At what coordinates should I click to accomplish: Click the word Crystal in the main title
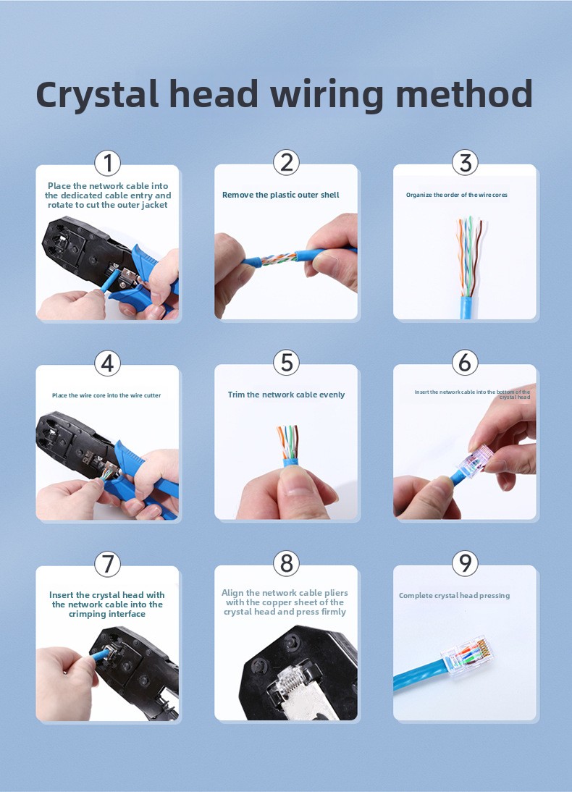click(x=97, y=94)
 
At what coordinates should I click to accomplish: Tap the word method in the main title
click(x=464, y=93)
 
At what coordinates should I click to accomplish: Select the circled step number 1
click(x=108, y=163)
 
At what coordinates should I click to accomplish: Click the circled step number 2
click(x=287, y=163)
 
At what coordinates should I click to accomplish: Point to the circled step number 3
click(x=465, y=163)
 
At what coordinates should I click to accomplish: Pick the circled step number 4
click(x=108, y=363)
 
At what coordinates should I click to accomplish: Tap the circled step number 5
click(x=287, y=363)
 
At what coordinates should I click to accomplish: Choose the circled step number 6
click(x=465, y=363)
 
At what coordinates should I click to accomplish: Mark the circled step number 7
click(x=108, y=563)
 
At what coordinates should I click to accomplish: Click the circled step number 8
click(x=287, y=563)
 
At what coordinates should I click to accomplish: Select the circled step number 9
click(x=465, y=563)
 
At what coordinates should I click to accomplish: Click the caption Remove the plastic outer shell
click(x=281, y=195)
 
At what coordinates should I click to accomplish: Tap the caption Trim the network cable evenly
click(x=287, y=395)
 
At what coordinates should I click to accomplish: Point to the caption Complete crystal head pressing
click(x=454, y=596)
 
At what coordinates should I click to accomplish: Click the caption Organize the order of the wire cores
click(x=457, y=195)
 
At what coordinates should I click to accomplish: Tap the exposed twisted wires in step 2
click(x=279, y=259)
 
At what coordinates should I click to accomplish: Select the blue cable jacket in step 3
click(x=466, y=308)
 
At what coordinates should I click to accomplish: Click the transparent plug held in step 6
click(x=475, y=460)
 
